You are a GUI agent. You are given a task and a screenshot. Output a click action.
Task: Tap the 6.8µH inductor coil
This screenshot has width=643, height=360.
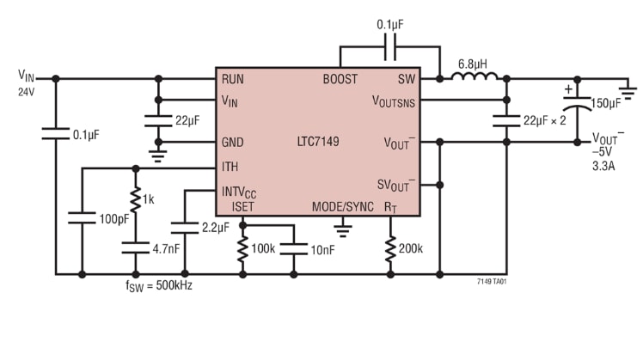pyautogui.click(x=475, y=78)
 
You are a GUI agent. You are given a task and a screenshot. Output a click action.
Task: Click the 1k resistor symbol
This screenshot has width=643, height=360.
pyautogui.click(x=135, y=198)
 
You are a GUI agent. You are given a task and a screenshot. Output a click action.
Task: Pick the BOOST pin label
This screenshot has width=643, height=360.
pyautogui.click(x=340, y=79)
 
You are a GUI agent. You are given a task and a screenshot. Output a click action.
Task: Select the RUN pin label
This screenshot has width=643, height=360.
pyautogui.click(x=232, y=79)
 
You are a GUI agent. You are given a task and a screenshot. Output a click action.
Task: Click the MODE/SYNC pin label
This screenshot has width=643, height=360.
pyautogui.click(x=342, y=207)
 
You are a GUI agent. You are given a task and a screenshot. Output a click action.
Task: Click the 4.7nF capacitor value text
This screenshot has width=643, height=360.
pyautogui.click(x=165, y=248)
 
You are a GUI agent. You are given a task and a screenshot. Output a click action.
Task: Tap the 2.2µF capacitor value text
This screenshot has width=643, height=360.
pyautogui.click(x=215, y=228)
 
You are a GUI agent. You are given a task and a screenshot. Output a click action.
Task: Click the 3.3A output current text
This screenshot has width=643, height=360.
pyautogui.click(x=605, y=166)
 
